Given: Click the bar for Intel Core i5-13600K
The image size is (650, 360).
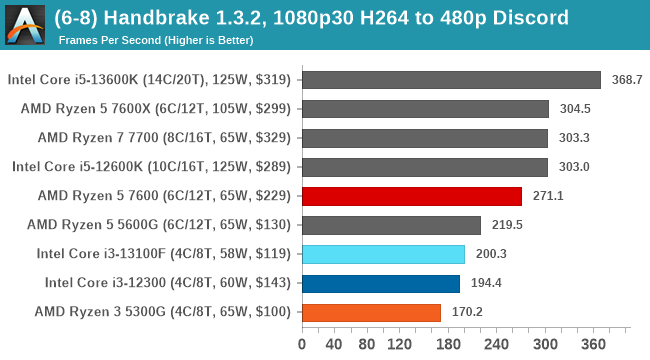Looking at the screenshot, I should click(x=450, y=80).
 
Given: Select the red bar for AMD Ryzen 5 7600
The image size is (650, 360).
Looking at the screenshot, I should click(x=411, y=196).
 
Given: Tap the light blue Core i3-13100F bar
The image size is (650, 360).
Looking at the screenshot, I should click(x=382, y=254).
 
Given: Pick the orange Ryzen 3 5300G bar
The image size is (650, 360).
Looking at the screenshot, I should click(x=370, y=312).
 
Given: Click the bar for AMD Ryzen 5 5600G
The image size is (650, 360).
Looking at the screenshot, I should click(x=390, y=225).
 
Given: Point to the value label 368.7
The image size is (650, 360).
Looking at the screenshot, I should click(x=626, y=80).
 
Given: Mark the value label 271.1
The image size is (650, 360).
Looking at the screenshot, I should click(x=547, y=196).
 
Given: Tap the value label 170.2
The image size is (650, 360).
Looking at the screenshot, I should click(x=466, y=312).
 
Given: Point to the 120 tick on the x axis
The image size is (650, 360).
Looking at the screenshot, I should click(x=400, y=345).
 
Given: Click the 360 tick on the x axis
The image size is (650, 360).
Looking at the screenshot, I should click(x=596, y=345).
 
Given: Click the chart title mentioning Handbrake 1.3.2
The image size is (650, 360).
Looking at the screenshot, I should click(x=312, y=17).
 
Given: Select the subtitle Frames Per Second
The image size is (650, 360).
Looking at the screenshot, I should click(x=155, y=40).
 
